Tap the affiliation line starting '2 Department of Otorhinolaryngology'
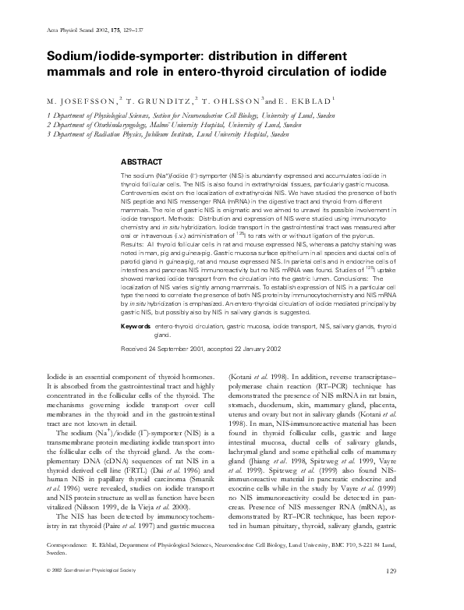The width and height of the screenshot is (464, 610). tap(161, 124)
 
